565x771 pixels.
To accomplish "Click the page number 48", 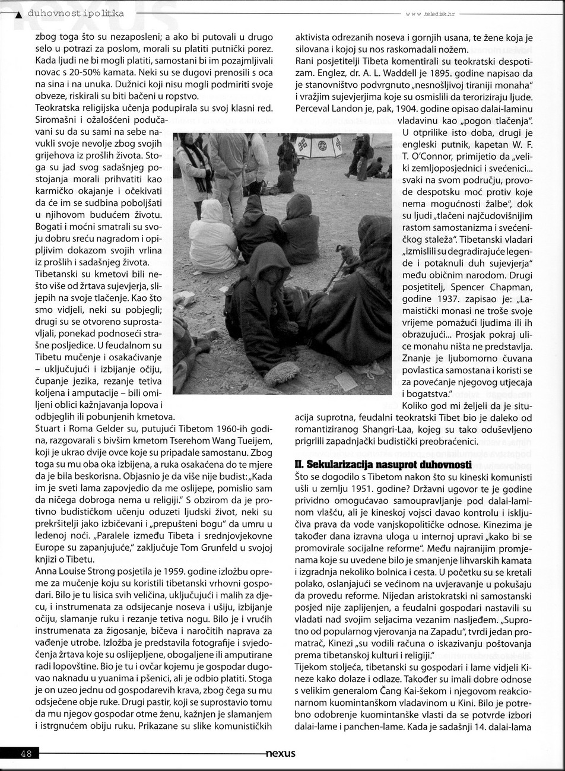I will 26,754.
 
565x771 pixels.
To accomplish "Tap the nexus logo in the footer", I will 281,754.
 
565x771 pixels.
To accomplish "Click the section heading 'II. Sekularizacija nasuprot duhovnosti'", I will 383,464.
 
